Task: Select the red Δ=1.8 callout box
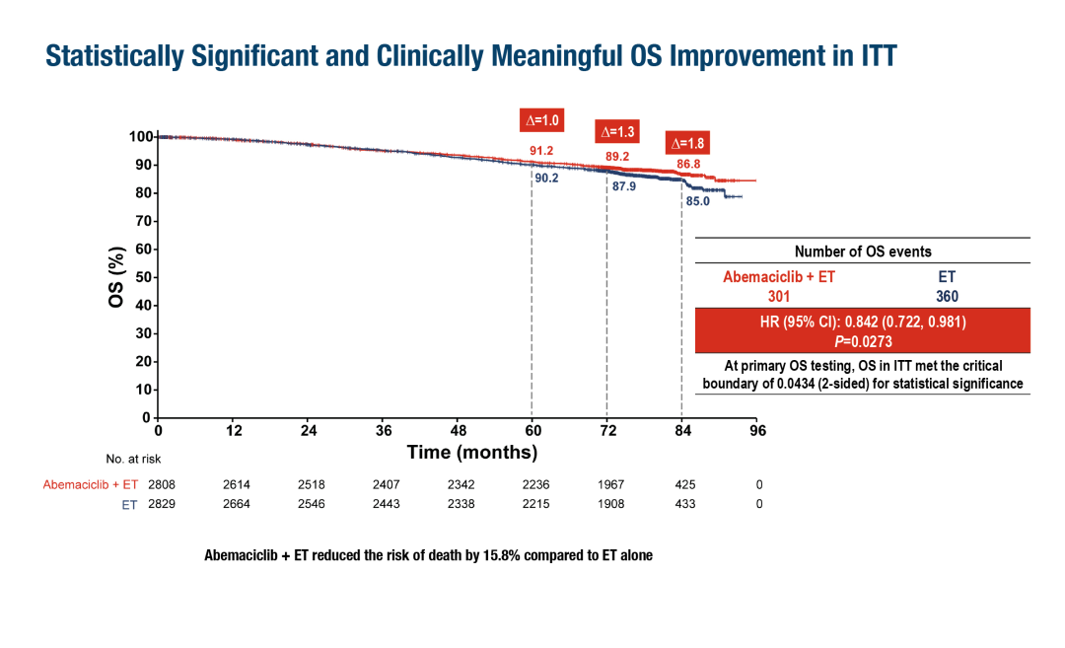(688, 142)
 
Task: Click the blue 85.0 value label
(698, 202)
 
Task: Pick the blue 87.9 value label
(624, 185)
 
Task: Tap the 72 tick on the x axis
(607, 430)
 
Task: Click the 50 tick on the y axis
(145, 277)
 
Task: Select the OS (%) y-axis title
(116, 276)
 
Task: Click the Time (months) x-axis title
(472, 453)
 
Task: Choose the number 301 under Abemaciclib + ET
(779, 296)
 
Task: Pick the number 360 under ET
(947, 296)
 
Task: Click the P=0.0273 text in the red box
(863, 341)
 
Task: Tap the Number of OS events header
(863, 251)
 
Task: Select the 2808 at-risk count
(159, 484)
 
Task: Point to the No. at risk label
(133, 459)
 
